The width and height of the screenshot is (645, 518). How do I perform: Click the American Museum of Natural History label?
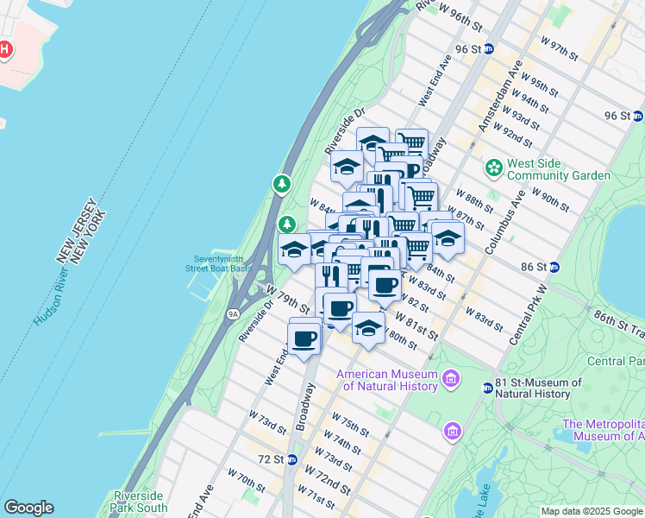pyautogui.click(x=387, y=380)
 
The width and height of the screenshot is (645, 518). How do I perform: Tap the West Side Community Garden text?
pyautogui.click(x=558, y=169)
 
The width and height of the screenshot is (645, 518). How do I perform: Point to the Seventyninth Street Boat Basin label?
pyautogui.click(x=222, y=263)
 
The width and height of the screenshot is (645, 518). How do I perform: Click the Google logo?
pyautogui.click(x=28, y=508)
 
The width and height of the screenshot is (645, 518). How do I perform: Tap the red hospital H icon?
pyautogui.click(x=5, y=49)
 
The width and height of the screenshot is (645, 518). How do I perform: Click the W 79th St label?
pyautogui.click(x=289, y=300)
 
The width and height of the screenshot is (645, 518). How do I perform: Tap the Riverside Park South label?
pyautogui.click(x=140, y=502)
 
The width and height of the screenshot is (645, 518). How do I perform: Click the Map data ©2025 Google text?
pyautogui.click(x=592, y=511)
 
